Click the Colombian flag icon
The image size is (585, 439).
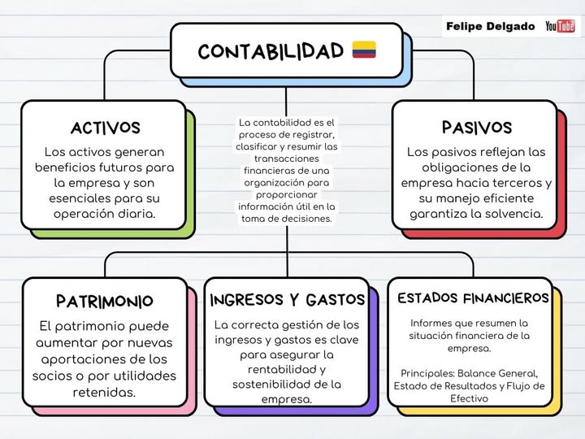364,50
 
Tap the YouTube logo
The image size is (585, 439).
560,26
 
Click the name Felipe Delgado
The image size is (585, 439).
490,27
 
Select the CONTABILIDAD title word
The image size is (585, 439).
271,51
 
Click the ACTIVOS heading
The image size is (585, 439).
105,128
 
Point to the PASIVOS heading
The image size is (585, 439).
477,128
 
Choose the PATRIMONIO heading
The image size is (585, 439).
105,302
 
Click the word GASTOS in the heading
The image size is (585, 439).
336,300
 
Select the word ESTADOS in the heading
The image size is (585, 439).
427,298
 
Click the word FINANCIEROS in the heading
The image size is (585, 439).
506,298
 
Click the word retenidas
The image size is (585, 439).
104,393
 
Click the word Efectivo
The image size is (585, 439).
469,398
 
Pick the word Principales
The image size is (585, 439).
427,373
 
